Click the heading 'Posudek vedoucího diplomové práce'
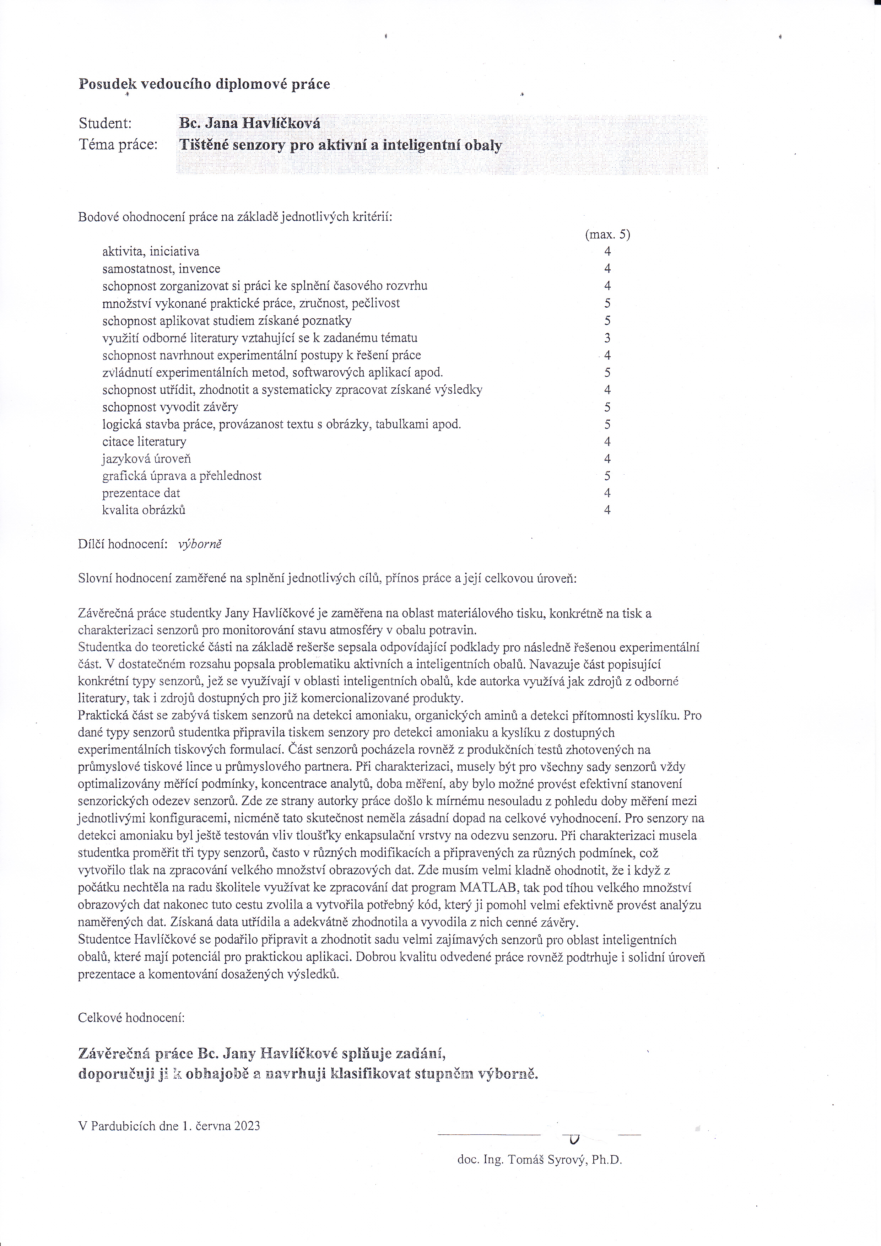204,84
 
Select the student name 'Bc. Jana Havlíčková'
249,123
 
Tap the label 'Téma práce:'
118,145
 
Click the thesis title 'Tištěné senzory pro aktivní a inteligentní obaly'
340,145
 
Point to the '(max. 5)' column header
607,234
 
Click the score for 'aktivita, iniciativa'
607,251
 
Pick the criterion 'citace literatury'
144,442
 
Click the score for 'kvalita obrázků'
607,510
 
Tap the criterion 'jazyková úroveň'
146,459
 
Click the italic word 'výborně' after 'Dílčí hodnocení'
200,544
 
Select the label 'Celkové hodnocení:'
131,1018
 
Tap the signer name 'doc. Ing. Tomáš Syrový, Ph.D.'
539,1160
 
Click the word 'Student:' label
105,124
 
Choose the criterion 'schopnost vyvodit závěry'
170,407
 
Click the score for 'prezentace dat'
607,493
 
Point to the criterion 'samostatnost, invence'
161,269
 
